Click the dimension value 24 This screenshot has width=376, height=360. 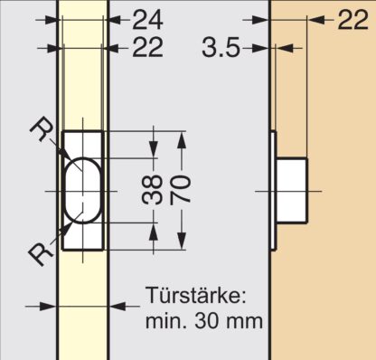point(147,20)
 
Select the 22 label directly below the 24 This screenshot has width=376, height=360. point(147,47)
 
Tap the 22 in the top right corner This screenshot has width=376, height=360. point(353,20)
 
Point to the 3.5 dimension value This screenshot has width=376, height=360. point(221,47)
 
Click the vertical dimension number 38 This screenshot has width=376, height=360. point(152,190)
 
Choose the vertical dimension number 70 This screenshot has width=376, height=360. point(181,190)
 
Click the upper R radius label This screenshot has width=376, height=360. point(41,129)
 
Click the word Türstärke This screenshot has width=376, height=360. point(196,296)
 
